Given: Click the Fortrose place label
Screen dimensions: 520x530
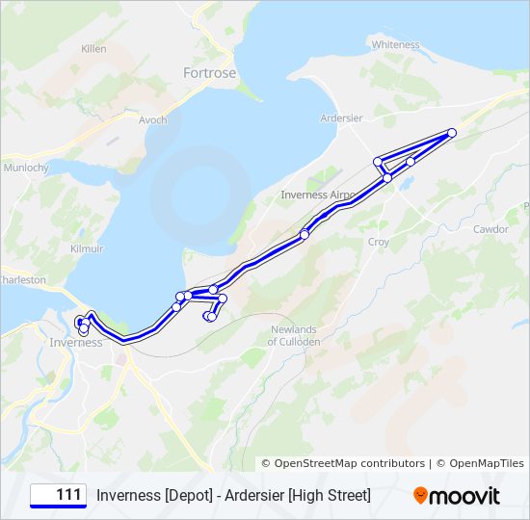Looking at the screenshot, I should point(209,72).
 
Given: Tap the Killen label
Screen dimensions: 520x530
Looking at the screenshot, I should point(94,48).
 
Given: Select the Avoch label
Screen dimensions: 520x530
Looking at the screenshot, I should point(152,120).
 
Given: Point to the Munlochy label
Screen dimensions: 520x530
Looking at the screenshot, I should point(27,167).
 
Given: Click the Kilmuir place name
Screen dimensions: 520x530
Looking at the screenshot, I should point(86,248).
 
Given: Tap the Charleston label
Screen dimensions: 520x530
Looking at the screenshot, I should point(21,279).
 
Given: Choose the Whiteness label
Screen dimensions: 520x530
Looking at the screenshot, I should point(395,44).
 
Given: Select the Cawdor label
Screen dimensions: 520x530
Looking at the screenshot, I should point(490,229).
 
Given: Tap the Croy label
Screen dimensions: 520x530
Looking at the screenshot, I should point(379,243).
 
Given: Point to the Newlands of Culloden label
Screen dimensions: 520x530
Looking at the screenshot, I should point(293,335).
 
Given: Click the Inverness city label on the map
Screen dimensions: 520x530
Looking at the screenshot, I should point(76,343).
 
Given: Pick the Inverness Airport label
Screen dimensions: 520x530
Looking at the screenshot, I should point(317,195).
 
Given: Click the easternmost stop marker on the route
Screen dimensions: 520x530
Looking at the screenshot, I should point(452,133).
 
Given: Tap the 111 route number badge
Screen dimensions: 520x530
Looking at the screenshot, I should point(59,495).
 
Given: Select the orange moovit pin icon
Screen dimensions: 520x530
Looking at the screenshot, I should point(420,496).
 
